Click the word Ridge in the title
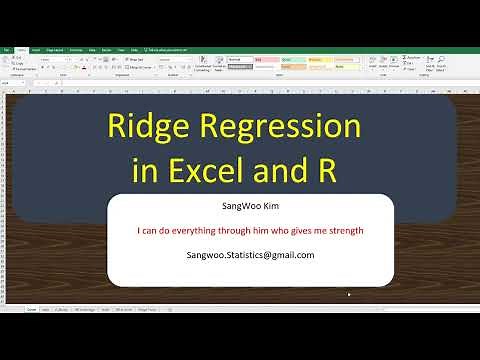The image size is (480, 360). point(152,128)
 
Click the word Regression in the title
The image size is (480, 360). point(276,128)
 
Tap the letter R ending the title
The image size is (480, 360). point(322,170)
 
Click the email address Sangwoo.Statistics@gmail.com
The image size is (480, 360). point(250,255)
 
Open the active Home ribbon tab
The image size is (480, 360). point(21,49)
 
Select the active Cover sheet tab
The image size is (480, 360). point(31,310)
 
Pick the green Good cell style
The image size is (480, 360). point(290,59)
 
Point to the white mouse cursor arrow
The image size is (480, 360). point(349,294)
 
